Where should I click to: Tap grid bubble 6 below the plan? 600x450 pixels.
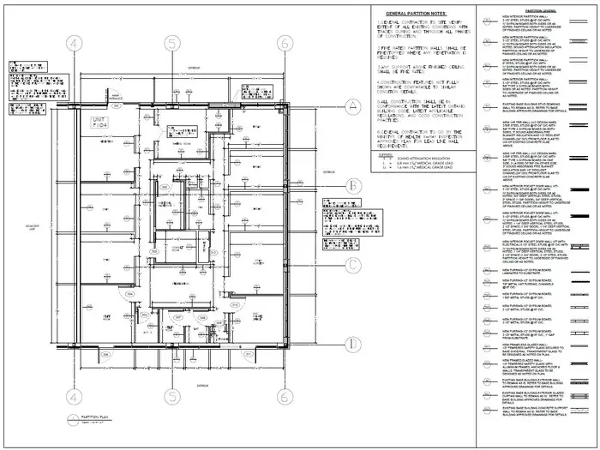[283, 396]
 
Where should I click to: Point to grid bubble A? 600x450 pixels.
[351, 106]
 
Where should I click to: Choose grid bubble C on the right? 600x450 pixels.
[351, 264]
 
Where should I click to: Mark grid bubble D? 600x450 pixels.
[351, 344]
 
